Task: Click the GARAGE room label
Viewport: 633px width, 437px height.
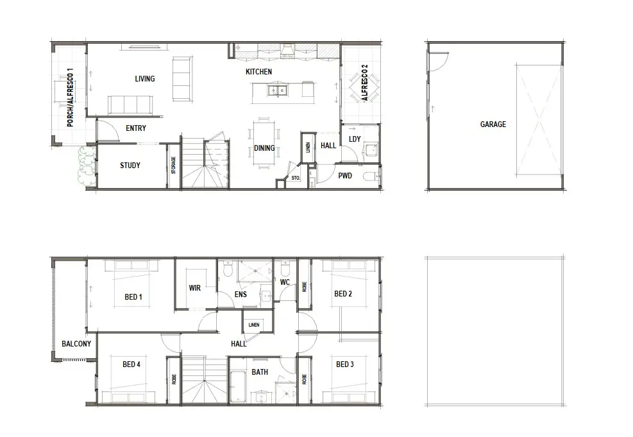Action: [493, 124]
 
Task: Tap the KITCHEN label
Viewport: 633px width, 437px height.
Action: [258, 72]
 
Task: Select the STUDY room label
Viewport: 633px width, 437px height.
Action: [130, 166]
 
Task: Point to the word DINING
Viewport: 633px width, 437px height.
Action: [264, 148]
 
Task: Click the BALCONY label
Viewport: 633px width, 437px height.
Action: [76, 344]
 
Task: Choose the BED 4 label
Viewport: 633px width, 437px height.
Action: [131, 364]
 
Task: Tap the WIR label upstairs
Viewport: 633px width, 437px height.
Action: [194, 288]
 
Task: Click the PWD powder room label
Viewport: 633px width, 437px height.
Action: [345, 176]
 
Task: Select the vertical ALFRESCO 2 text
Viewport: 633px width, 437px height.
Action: [365, 82]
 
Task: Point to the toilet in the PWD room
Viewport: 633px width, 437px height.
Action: [371, 176]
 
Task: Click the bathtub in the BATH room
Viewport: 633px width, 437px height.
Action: [238, 386]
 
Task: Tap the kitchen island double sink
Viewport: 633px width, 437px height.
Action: [277, 90]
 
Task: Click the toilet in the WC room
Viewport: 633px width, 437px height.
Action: [285, 268]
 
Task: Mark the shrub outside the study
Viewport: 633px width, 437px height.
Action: [87, 166]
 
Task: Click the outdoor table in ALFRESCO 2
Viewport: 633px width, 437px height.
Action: [364, 87]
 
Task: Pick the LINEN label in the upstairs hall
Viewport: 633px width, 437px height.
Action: [254, 325]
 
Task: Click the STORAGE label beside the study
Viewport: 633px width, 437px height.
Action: [174, 166]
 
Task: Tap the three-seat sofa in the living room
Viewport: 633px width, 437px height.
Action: [130, 105]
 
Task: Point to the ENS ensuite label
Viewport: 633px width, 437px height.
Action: [241, 295]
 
